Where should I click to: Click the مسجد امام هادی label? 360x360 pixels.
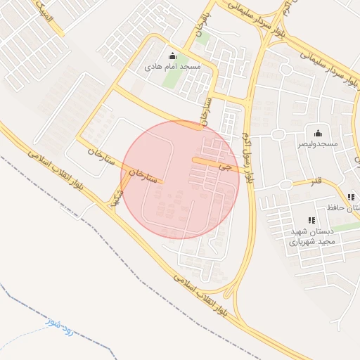172,67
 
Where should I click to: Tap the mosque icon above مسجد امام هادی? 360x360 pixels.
172,56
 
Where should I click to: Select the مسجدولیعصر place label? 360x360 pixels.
317,143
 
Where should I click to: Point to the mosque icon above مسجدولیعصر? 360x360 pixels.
318,133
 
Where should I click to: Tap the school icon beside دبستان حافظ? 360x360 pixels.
350,197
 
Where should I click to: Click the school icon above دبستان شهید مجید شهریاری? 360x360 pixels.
311,220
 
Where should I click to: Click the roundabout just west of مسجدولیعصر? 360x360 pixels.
277,134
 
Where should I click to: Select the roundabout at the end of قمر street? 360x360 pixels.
285,184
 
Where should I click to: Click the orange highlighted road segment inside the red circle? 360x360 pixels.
205,162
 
